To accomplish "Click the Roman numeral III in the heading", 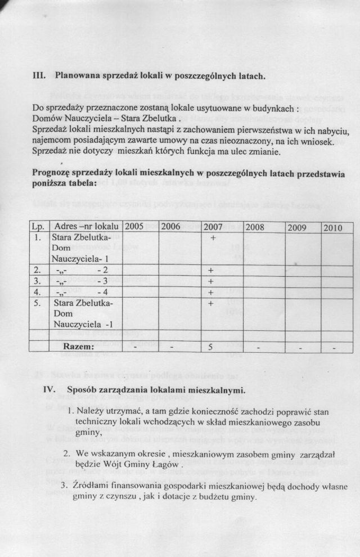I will tap(37, 75).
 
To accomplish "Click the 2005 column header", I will tap(134, 227).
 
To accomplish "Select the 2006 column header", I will tap(171, 227).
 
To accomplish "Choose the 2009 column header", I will tap(298, 228).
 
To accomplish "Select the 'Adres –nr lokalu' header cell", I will tap(84, 227).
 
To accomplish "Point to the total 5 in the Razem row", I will tap(210, 347).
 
